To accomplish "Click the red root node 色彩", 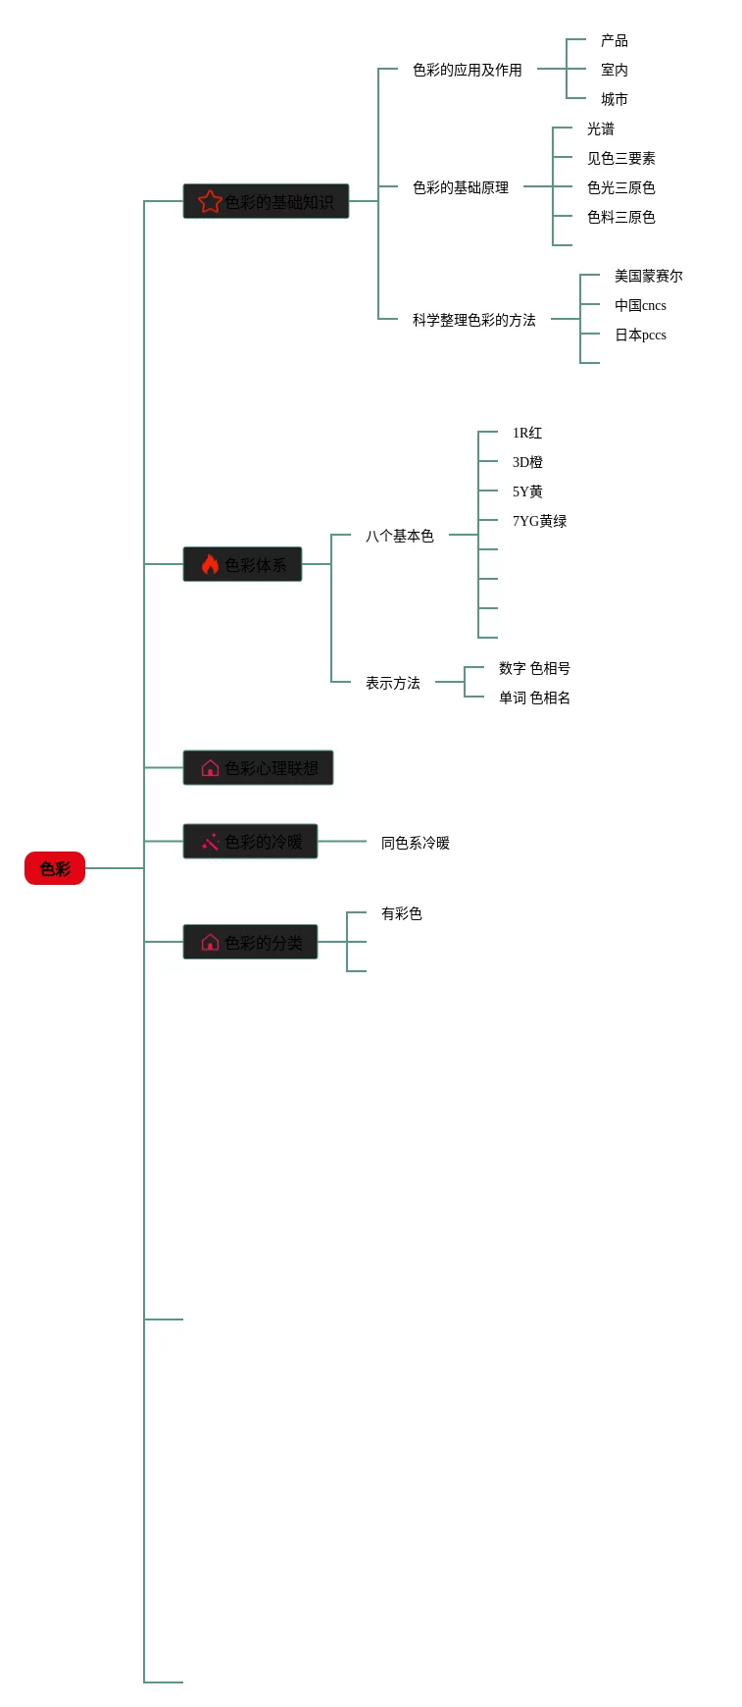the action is coord(55,868).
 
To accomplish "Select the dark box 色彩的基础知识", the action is coord(266,201).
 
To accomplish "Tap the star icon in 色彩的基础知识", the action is coord(210,201).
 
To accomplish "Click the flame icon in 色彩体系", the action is coord(210,564).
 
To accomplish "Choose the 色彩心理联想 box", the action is coord(258,767).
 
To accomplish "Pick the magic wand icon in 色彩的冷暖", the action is coord(210,842).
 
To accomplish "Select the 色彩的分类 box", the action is coord(250,942).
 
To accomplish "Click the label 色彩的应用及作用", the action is coord(467,70).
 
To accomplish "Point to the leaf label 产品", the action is coord(615,40).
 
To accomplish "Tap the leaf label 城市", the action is coord(615,99).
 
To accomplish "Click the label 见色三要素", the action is coord(620,158).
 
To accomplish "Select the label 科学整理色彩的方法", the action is coord(473,320).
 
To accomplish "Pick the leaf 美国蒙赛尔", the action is coord(648,276).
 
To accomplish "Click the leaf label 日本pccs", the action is coord(640,335).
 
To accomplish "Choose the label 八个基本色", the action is coord(399,536).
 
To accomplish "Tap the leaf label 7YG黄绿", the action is coord(539,521).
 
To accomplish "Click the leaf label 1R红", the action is coord(526,433).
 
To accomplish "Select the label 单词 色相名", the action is coord(534,698).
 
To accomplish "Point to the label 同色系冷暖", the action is coord(415,843).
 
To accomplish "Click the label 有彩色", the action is coord(401,913).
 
